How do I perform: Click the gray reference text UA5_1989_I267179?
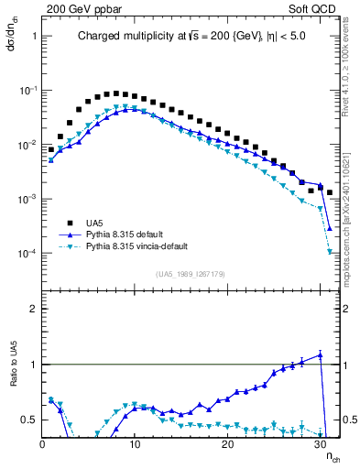(191, 274)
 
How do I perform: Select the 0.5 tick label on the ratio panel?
(28, 420)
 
